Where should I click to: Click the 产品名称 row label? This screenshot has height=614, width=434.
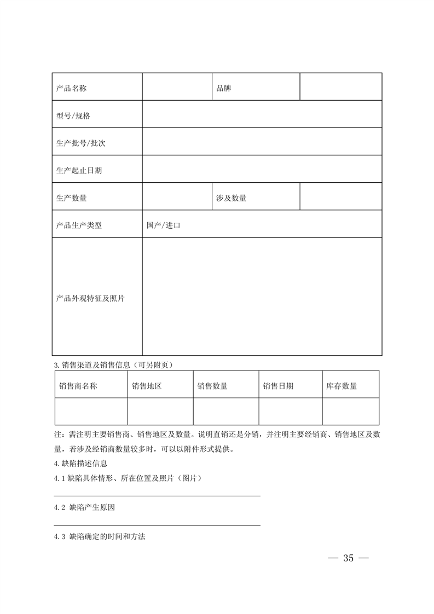tap(72, 88)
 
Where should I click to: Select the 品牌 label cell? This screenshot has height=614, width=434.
tap(224, 88)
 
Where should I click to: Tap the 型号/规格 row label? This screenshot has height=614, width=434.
tap(73, 116)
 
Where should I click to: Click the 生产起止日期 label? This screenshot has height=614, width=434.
tap(79, 170)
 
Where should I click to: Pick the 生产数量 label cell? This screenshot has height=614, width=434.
tap(72, 198)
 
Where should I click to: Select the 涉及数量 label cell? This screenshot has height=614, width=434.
tap(232, 198)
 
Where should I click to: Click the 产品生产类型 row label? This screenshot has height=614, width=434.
tap(79, 225)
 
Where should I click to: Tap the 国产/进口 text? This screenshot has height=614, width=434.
tap(164, 225)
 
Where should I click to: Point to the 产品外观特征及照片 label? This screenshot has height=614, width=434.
tap(90, 298)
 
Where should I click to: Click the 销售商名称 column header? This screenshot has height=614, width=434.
tap(78, 386)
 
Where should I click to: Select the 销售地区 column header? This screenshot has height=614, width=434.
tap(147, 386)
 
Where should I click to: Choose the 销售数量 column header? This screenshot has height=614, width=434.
tap(212, 386)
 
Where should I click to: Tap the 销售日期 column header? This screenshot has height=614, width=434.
tap(278, 386)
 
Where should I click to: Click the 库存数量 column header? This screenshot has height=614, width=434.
tap(342, 386)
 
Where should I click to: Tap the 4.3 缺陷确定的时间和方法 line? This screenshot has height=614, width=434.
tap(100, 537)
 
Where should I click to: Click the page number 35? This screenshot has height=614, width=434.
tap(349, 558)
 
